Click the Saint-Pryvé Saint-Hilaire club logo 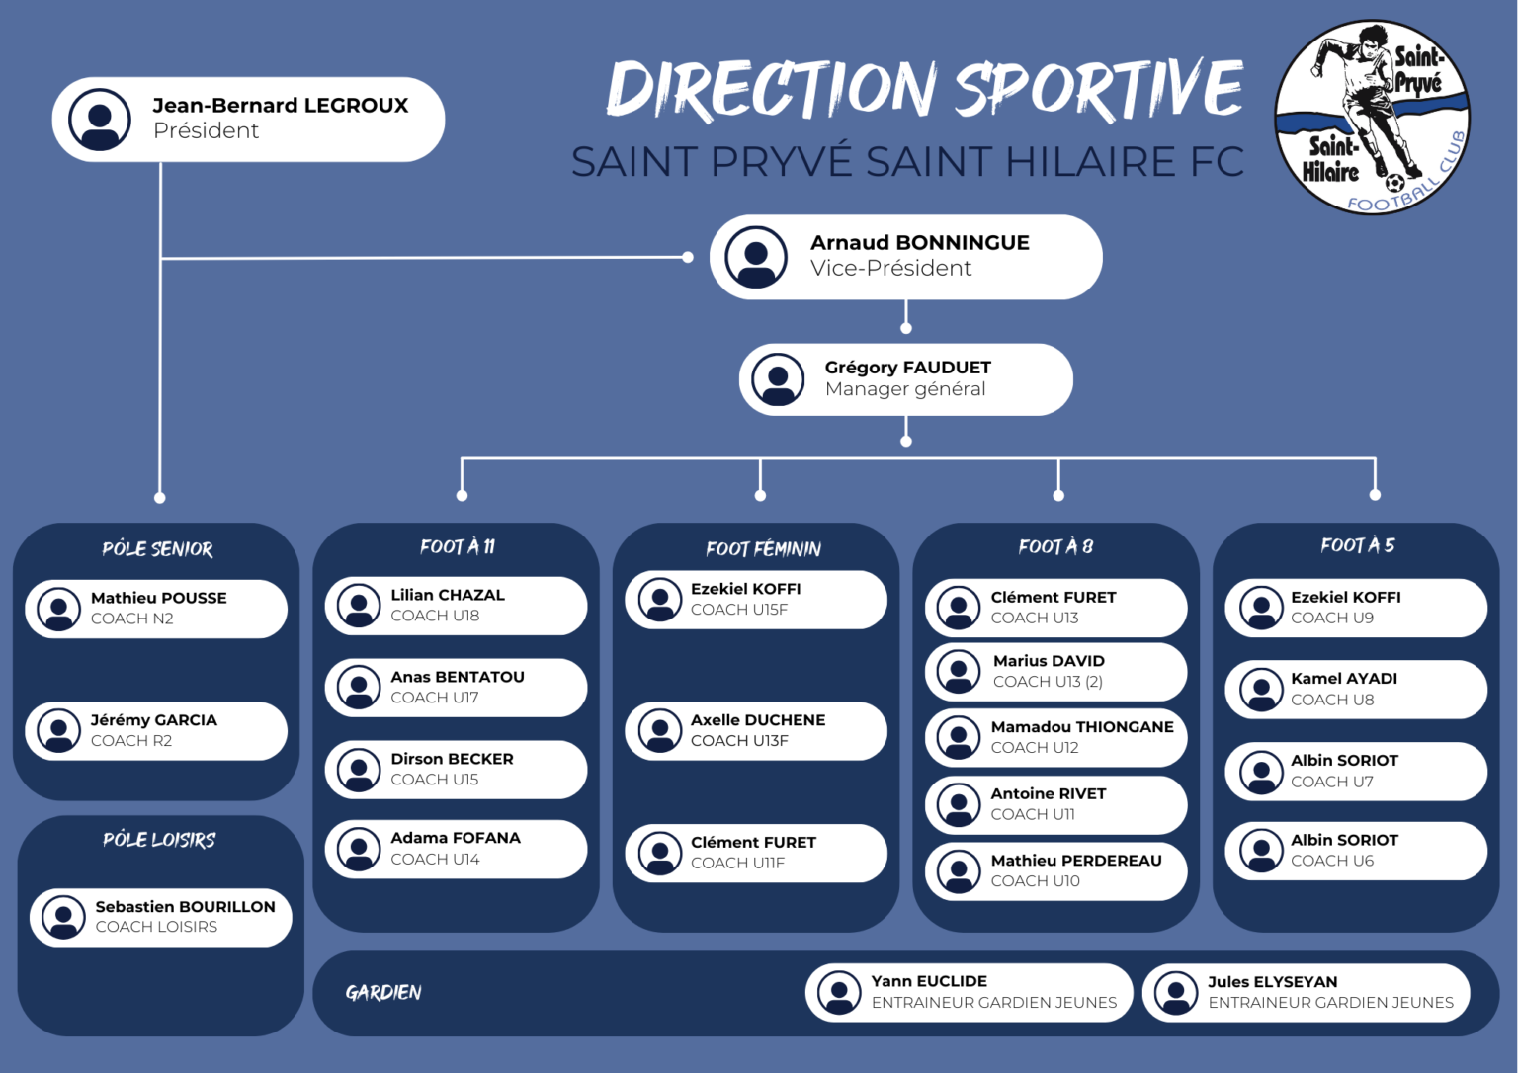(x=1372, y=117)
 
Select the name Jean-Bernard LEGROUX (x=280, y=106)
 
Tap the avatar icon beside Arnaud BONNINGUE (x=756, y=257)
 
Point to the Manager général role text (x=905, y=389)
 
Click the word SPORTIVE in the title (x=1098, y=90)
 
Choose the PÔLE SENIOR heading (x=157, y=549)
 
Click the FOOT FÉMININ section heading (x=763, y=549)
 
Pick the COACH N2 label (x=132, y=619)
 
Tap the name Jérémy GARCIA (x=154, y=720)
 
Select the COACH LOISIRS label (x=156, y=927)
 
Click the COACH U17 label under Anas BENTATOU (x=435, y=698)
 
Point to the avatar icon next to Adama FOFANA (x=359, y=849)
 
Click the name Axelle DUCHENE (x=758, y=720)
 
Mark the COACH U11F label (x=737, y=864)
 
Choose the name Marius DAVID (x=1049, y=661)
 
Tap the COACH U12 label (x=1035, y=748)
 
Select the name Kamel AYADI (x=1344, y=679)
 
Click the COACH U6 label (x=1332, y=861)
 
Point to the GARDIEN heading (x=383, y=993)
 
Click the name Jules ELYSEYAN (x=1273, y=982)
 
